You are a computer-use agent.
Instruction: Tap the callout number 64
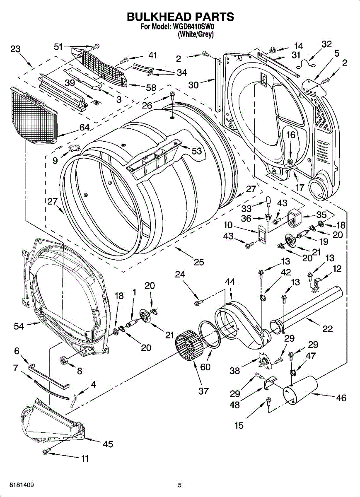[x=85, y=128]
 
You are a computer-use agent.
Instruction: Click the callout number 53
[x=197, y=151]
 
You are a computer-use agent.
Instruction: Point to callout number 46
[x=341, y=398]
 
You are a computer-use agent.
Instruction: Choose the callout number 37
[x=203, y=391]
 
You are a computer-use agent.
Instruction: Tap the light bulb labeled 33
[x=269, y=201]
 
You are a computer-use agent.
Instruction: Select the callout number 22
[x=328, y=328]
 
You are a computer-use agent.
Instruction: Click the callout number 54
[x=19, y=326]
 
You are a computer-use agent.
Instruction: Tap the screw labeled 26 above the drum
[x=172, y=95]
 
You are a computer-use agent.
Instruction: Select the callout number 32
[x=326, y=44]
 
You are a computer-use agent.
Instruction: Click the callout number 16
[x=291, y=135]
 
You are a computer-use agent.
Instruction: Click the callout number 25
[x=199, y=262]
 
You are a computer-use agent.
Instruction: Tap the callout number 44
[x=230, y=282]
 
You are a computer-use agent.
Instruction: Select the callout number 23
[x=15, y=49]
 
